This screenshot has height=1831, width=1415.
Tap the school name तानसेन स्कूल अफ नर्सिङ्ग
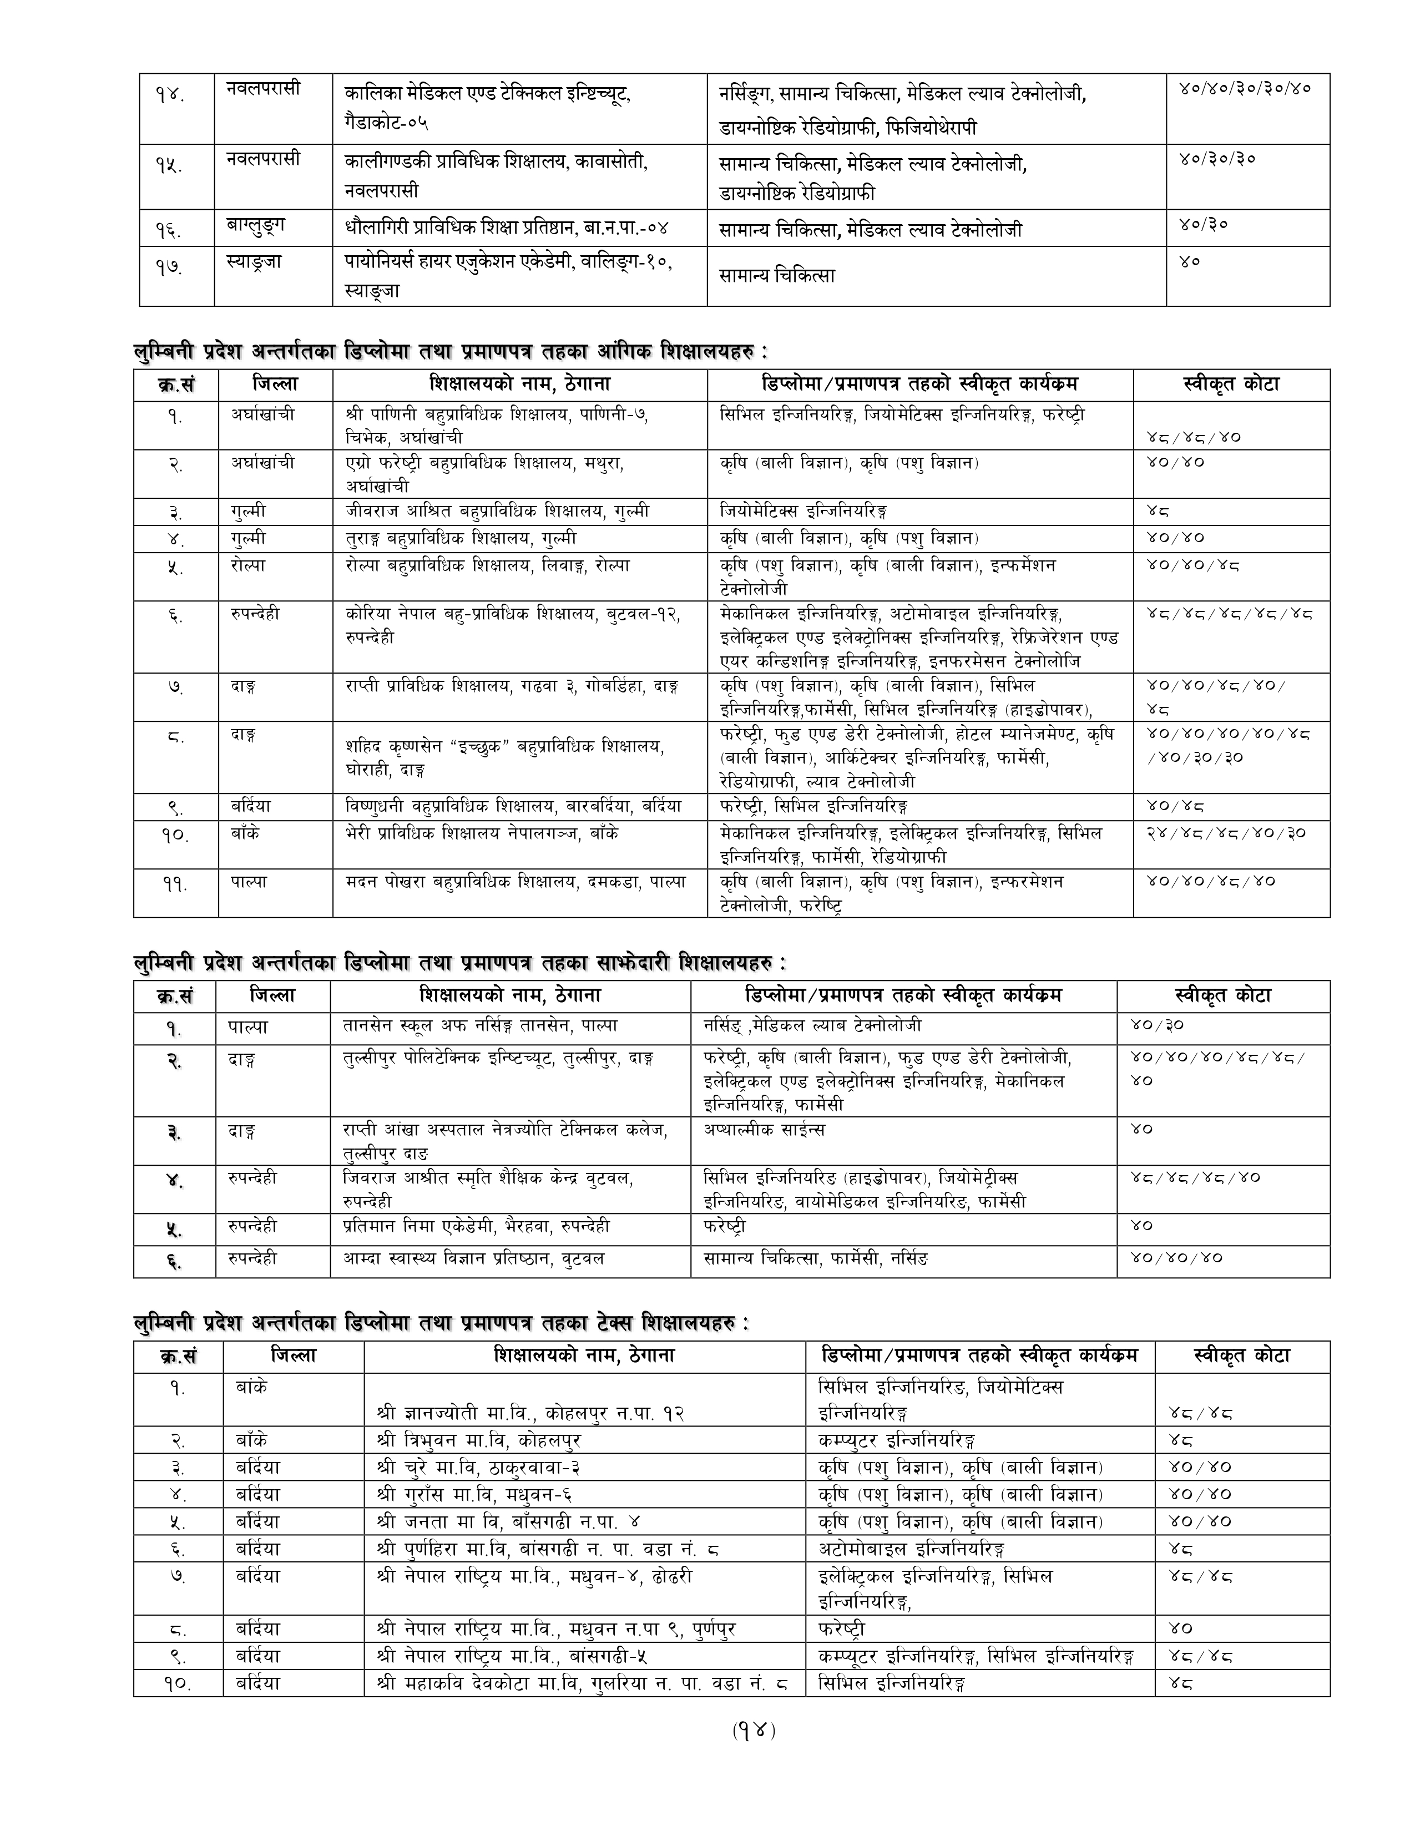coord(481,1025)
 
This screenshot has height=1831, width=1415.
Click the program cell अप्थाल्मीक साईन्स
coord(765,1129)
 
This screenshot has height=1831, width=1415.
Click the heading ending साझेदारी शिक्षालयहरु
coord(460,963)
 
